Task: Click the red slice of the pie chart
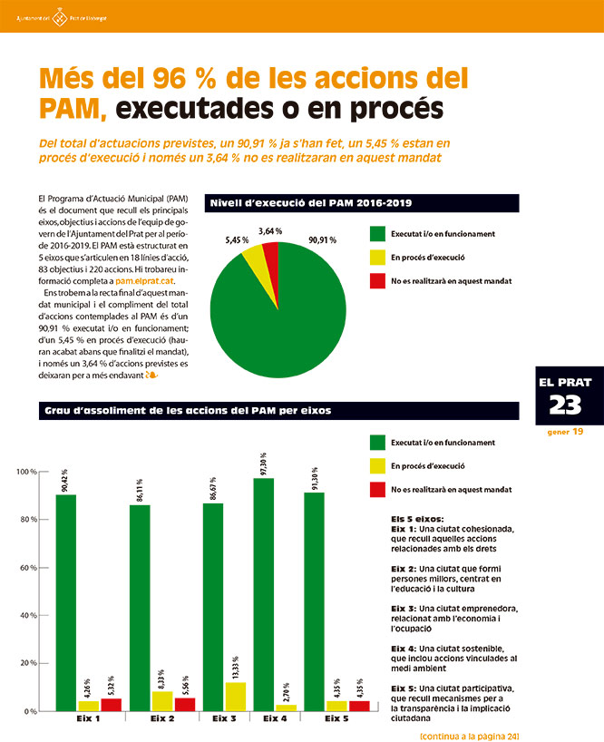[270, 259]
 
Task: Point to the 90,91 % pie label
[322, 240]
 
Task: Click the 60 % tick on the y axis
[25, 568]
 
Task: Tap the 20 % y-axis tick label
[25, 664]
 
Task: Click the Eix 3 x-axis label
[224, 719]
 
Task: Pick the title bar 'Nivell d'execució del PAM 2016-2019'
[363, 202]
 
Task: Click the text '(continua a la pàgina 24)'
[469, 735]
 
